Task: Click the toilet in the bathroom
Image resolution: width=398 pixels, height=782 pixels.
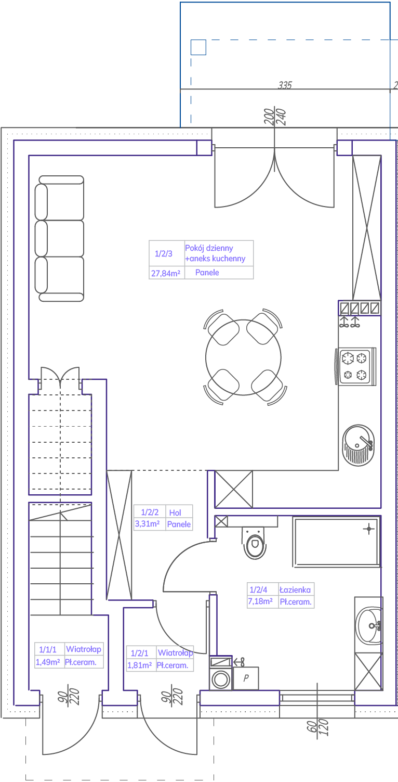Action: pyautogui.click(x=255, y=543)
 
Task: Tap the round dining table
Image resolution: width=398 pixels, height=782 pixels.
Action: pyautogui.click(x=243, y=357)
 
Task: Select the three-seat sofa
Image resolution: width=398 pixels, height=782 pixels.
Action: pyautogui.click(x=59, y=238)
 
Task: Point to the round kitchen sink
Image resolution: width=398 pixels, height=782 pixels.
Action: pyautogui.click(x=359, y=445)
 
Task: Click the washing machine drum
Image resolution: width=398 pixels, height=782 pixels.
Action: pyautogui.click(x=221, y=680)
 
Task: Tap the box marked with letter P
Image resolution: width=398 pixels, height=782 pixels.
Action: pyautogui.click(x=246, y=678)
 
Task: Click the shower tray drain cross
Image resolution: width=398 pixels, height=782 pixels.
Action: pyautogui.click(x=369, y=529)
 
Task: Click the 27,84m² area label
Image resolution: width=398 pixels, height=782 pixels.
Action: pyautogui.click(x=166, y=273)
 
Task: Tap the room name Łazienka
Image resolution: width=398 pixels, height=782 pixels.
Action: pyautogui.click(x=295, y=589)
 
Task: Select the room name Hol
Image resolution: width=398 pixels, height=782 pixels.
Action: pyautogui.click(x=175, y=512)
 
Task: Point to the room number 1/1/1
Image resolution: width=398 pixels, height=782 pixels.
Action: pyautogui.click(x=47, y=649)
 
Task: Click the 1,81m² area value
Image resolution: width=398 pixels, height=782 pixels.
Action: pyautogui.click(x=139, y=665)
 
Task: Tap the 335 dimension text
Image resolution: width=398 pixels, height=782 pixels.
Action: pyautogui.click(x=285, y=85)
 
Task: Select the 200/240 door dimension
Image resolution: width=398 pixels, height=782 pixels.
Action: pyautogui.click(x=275, y=117)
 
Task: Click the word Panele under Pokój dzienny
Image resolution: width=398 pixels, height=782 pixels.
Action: pyautogui.click(x=207, y=272)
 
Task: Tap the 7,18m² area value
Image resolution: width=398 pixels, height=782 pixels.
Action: pyautogui.click(x=260, y=601)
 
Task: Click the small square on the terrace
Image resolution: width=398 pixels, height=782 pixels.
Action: pyautogui.click(x=198, y=47)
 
